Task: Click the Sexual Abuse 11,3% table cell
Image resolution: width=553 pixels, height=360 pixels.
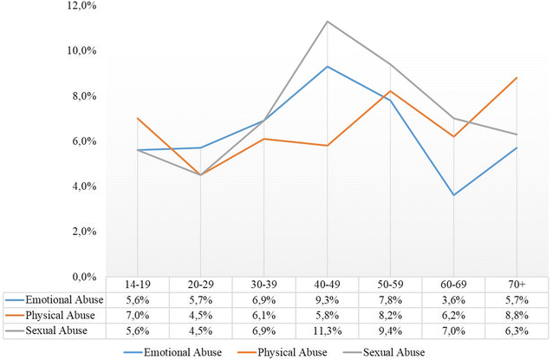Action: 326,330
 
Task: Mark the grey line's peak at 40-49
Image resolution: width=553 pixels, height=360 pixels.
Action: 326,21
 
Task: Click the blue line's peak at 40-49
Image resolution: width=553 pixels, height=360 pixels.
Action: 326,66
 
